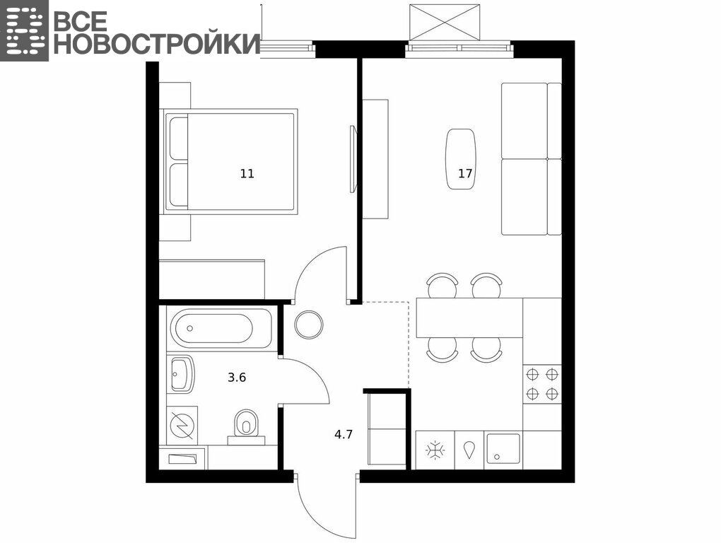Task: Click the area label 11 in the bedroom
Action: [x=247, y=174]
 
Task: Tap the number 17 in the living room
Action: [x=465, y=173]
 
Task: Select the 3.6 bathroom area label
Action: [x=237, y=378]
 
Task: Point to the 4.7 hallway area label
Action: [x=344, y=434]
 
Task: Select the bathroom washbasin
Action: [x=181, y=374]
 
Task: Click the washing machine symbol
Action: [x=182, y=426]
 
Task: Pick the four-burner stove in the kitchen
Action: [x=542, y=385]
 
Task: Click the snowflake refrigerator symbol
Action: [x=435, y=450]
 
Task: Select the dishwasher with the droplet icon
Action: [x=469, y=450]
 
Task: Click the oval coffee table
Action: [x=461, y=158]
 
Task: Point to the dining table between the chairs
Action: [x=469, y=317]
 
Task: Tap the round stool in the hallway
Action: [x=309, y=325]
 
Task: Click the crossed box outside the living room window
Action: [x=445, y=23]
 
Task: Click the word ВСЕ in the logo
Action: [x=81, y=21]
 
